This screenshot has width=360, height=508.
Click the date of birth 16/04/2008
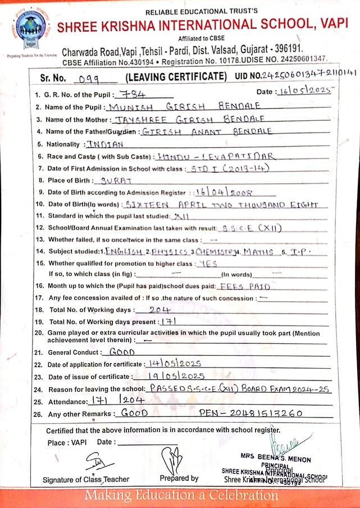[220, 192]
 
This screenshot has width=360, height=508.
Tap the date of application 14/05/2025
[172, 364]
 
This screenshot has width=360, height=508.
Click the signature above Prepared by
[172, 457]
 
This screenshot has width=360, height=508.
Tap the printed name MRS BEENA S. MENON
[275, 459]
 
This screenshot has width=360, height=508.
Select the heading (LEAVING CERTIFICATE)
[176, 76]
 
